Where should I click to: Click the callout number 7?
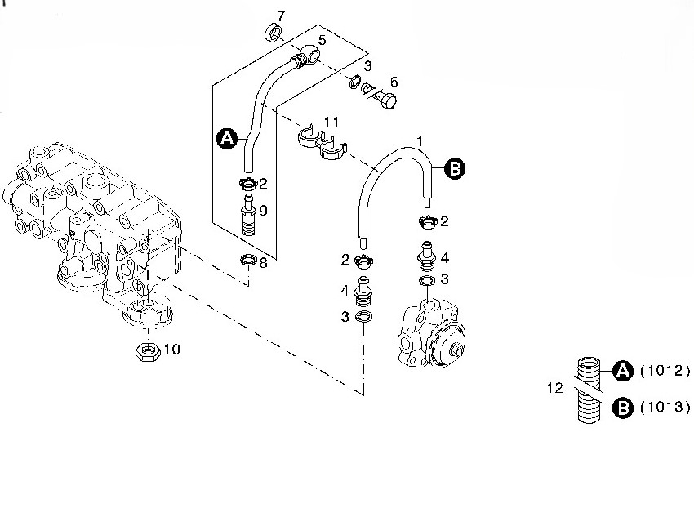point(281,16)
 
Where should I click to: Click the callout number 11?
point(331,122)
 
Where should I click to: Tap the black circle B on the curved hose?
point(455,169)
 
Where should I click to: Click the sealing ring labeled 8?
point(247,261)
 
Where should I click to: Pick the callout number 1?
point(420,141)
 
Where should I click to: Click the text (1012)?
point(665,371)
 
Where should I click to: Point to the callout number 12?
point(556,389)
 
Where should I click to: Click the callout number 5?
point(322,39)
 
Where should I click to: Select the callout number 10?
point(172,350)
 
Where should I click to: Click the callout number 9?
point(263,209)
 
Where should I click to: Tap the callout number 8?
point(263,263)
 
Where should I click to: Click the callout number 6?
point(394,82)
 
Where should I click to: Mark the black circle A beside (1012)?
point(623,371)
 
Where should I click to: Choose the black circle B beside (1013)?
point(623,407)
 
